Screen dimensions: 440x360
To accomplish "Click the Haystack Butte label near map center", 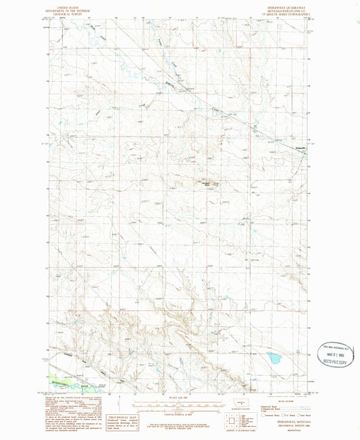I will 205,180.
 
